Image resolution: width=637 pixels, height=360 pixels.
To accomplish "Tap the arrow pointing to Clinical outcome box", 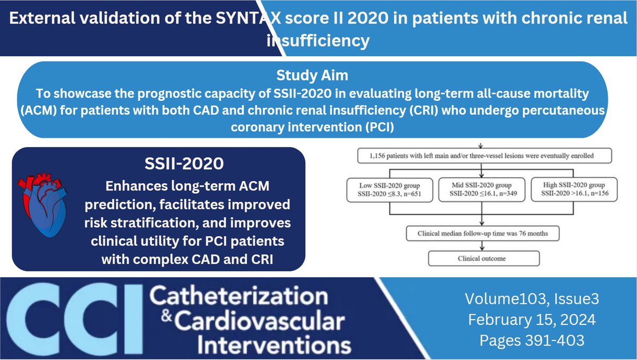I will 481,245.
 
